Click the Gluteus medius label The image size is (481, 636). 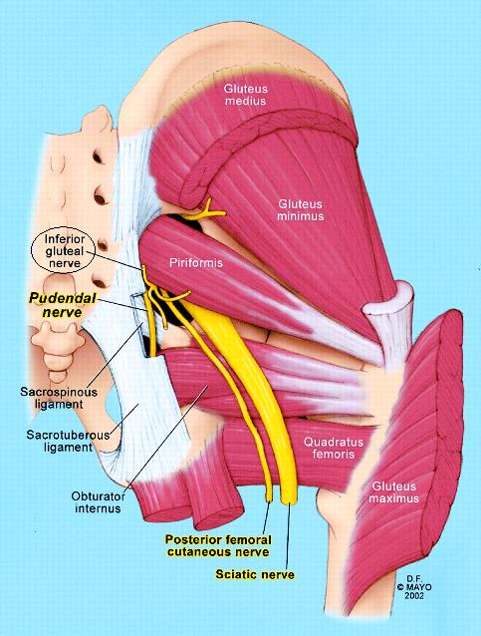246,95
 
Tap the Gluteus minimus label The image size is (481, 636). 301,209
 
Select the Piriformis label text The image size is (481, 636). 196,263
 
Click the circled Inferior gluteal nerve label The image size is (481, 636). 64,251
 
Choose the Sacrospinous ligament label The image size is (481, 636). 59,398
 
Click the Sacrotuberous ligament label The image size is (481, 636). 68,441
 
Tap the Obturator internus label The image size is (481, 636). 98,502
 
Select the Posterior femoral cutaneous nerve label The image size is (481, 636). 218,545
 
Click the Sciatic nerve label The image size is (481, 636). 255,574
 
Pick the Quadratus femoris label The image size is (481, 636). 333,448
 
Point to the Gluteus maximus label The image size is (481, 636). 393,491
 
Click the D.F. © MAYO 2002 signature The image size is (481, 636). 413,586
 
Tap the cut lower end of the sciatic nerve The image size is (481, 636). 290,498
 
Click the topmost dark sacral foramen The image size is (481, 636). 98,157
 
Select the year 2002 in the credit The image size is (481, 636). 414,595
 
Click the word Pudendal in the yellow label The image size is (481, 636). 63,298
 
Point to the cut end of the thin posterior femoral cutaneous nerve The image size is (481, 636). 269,497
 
